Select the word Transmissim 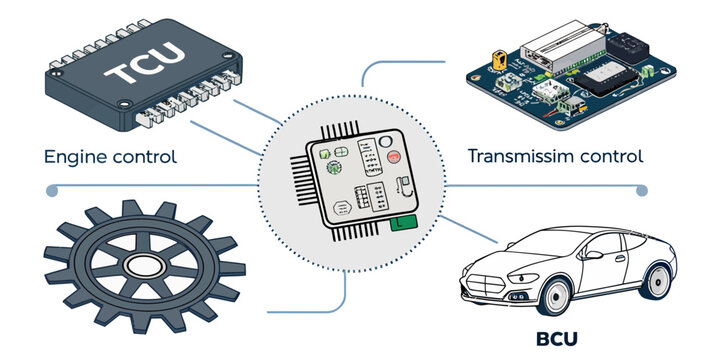click(x=519, y=156)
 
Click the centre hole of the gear click(x=142, y=266)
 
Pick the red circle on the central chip click(x=395, y=158)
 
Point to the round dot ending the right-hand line click(x=642, y=189)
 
